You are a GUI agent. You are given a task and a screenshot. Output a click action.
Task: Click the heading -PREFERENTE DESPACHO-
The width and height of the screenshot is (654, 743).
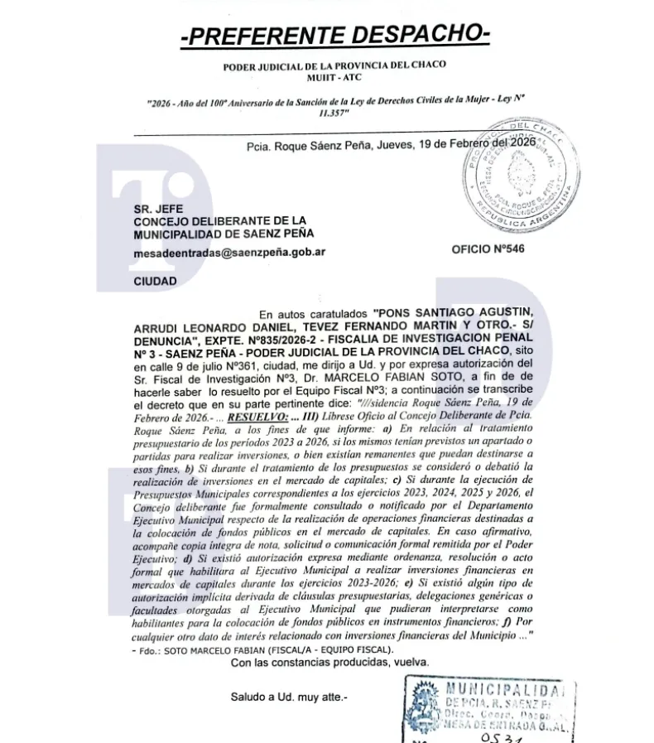[334, 34]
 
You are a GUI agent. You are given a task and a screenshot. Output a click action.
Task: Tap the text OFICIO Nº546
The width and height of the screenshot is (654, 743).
[488, 249]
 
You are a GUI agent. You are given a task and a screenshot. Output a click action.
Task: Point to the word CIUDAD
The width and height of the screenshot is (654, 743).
[155, 282]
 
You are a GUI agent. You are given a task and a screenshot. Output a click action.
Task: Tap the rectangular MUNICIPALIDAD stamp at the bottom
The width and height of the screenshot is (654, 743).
[489, 709]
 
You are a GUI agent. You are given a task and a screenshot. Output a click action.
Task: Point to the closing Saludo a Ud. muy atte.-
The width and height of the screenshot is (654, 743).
[289, 697]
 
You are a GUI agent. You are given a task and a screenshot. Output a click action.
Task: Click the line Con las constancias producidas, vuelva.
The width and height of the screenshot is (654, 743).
[329, 663]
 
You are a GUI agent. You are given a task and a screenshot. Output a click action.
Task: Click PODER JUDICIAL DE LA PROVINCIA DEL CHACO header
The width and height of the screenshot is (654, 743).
[334, 65]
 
